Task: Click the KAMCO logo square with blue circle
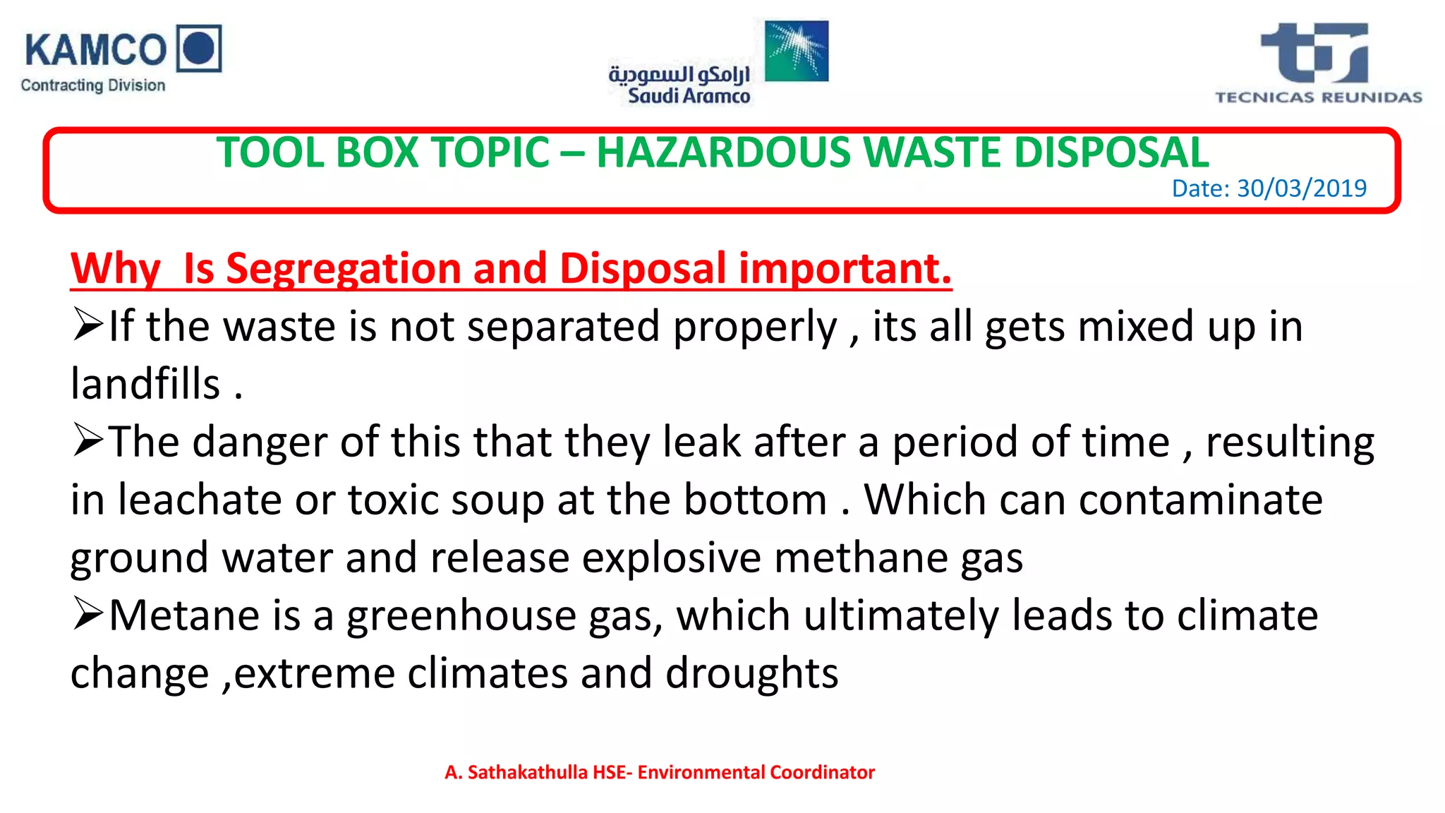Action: pos(199,49)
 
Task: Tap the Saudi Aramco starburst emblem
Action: pos(797,51)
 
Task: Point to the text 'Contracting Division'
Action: pos(93,85)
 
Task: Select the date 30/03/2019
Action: pos(1302,188)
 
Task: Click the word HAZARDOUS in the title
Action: pos(723,152)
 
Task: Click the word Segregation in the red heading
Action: pos(342,268)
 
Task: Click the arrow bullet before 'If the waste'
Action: pos(87,325)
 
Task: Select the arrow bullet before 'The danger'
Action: pos(87,441)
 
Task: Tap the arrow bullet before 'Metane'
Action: pos(87,614)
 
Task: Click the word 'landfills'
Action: pos(145,384)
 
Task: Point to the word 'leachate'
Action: pos(200,500)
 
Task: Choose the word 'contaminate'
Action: pos(1200,500)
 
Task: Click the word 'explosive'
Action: pos(671,558)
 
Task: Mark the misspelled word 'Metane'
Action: pos(184,615)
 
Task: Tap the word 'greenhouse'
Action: pos(461,615)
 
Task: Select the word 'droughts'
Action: pos(751,673)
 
